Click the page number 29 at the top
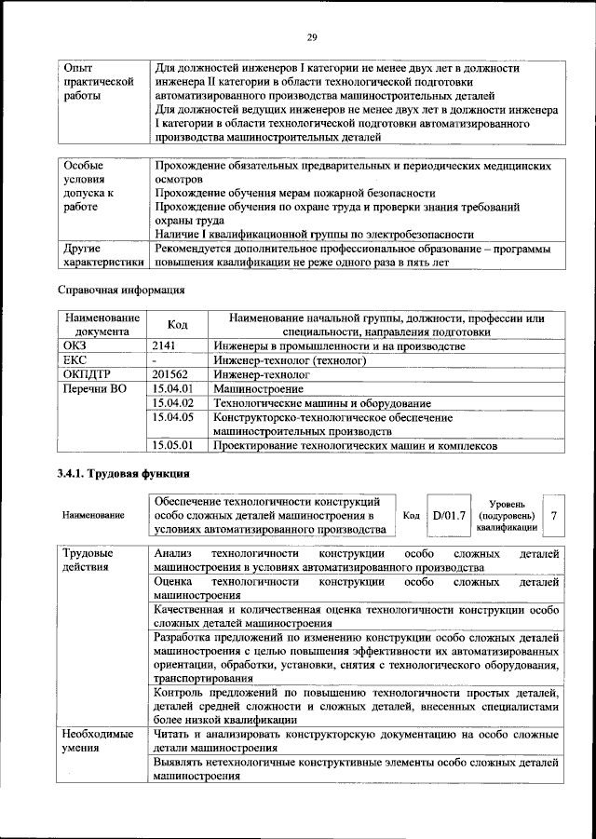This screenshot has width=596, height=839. (x=312, y=37)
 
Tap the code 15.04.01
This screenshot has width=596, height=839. (x=172, y=388)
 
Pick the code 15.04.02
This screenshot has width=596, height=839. (x=172, y=403)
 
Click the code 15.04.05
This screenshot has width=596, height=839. (x=172, y=418)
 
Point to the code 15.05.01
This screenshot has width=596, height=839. (x=172, y=446)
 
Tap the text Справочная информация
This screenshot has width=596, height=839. (x=115, y=291)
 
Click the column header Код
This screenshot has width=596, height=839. (x=177, y=325)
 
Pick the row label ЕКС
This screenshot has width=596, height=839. (x=74, y=359)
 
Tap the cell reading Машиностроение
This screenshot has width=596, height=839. (x=258, y=388)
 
